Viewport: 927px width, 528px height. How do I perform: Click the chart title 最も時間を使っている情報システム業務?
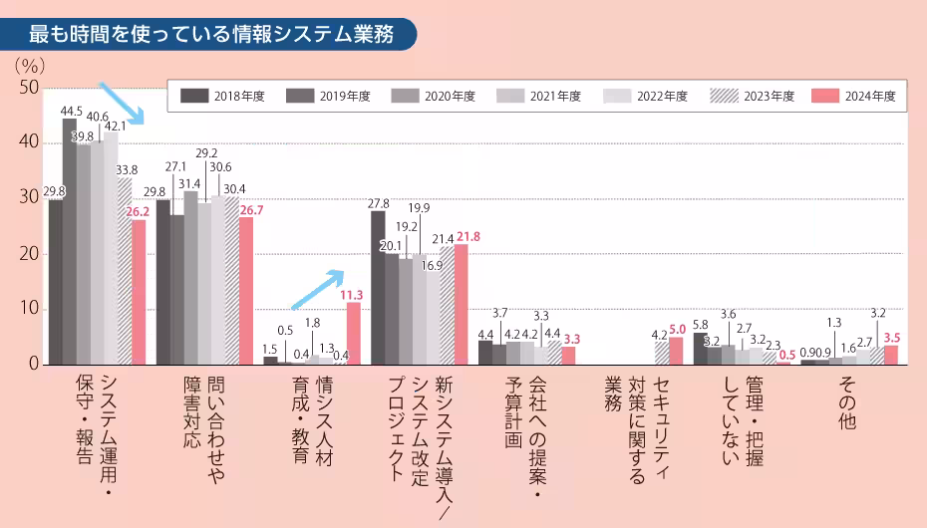click(x=210, y=34)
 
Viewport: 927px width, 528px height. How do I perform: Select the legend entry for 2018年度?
click(x=225, y=96)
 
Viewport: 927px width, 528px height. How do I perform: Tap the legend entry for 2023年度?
click(x=752, y=96)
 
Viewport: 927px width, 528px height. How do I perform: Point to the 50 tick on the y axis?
click(x=29, y=88)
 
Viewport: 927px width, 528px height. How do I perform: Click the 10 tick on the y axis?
click(x=29, y=310)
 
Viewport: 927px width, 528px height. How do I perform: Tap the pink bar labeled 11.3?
click(x=354, y=333)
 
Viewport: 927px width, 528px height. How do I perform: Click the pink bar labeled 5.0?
click(x=676, y=351)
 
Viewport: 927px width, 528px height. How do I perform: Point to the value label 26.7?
click(x=250, y=210)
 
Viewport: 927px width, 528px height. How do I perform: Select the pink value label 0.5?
click(x=787, y=355)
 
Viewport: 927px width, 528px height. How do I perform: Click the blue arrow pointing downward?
click(x=122, y=104)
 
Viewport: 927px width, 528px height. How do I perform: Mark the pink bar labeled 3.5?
click(x=891, y=355)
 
